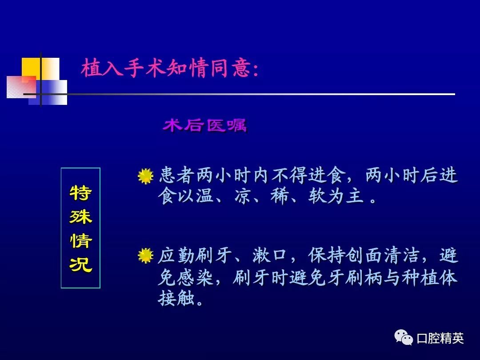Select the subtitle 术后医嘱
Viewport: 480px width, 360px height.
click(x=205, y=125)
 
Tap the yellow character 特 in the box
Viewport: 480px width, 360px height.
click(x=80, y=193)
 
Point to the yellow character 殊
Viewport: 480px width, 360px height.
click(x=80, y=217)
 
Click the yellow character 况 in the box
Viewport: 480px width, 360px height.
click(x=80, y=265)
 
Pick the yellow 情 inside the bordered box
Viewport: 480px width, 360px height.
click(x=80, y=240)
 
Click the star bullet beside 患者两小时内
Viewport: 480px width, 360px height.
click(x=145, y=176)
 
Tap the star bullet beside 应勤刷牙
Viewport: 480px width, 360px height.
click(x=145, y=256)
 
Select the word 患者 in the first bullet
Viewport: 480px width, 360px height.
click(x=177, y=176)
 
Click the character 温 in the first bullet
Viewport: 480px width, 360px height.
click(x=205, y=196)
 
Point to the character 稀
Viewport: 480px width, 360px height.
click(x=280, y=196)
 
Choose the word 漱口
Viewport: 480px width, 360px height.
click(x=270, y=256)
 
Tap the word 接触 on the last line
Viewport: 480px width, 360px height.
click(x=176, y=298)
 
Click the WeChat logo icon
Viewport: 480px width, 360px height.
click(x=404, y=337)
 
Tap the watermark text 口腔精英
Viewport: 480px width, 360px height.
click(x=440, y=338)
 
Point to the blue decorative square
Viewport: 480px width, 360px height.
click(x=48, y=92)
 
